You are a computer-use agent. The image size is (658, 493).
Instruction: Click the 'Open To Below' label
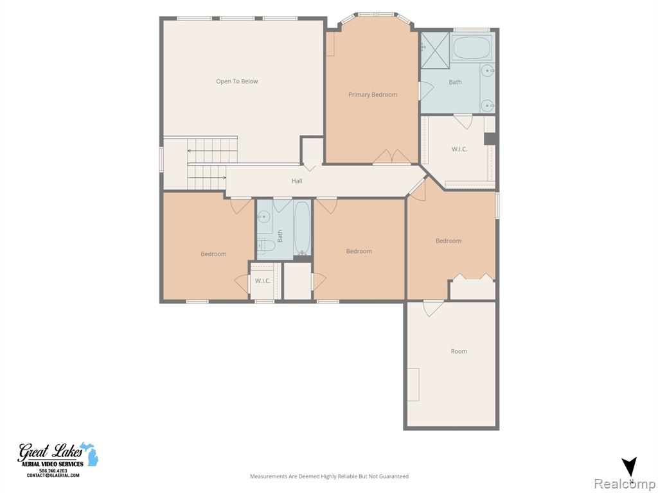[236, 82]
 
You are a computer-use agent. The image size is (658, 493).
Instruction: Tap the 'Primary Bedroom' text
[373, 95]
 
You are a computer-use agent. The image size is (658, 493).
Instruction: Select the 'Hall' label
[297, 180]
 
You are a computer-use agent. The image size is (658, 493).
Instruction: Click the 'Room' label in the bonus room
[459, 351]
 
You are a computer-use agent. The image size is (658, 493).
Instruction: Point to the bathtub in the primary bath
[472, 48]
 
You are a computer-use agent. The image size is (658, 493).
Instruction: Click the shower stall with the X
[435, 50]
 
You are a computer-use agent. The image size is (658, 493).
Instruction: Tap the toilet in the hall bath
[266, 246]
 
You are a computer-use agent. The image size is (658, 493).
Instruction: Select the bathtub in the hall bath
[302, 229]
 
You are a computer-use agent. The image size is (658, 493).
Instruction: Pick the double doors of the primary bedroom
[392, 157]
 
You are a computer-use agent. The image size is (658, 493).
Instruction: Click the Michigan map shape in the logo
[89, 454]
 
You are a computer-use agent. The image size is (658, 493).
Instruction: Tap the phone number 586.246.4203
[53, 471]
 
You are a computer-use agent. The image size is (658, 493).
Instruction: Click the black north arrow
[630, 467]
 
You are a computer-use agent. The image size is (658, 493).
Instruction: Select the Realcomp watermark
[625, 484]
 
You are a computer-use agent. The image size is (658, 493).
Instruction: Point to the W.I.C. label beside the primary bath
[459, 149]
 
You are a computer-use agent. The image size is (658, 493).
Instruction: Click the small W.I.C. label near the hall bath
[263, 281]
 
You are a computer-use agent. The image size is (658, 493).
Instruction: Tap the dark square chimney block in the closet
[490, 139]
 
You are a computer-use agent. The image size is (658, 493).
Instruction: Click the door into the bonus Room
[433, 308]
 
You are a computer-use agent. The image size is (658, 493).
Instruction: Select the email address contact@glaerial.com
[53, 476]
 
